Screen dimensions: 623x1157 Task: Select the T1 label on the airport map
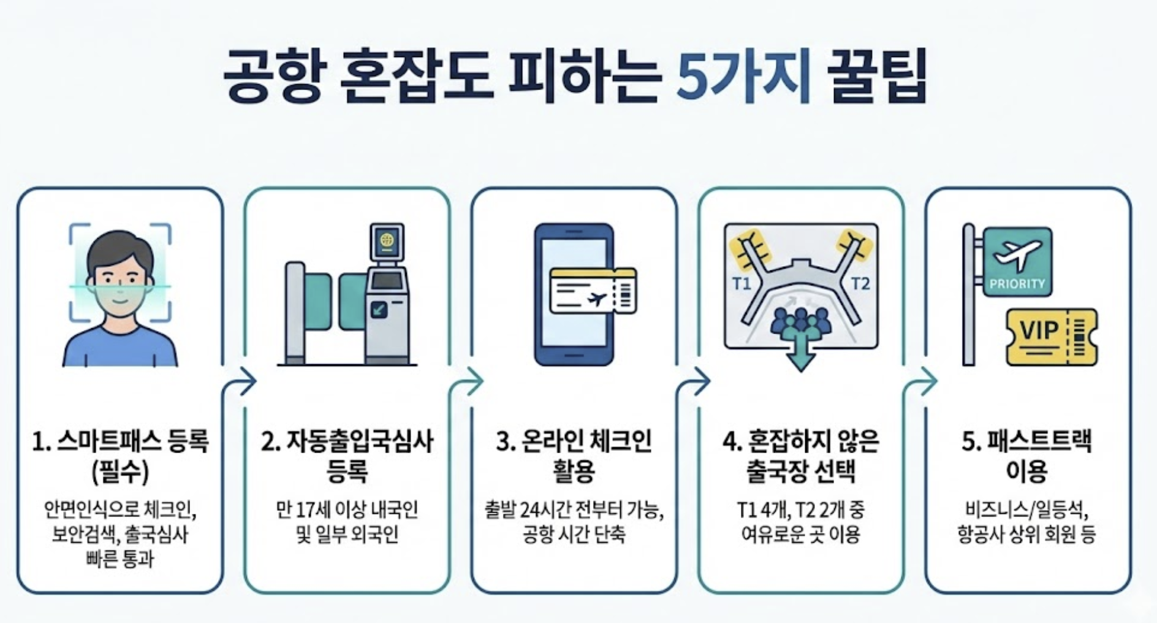[x=742, y=284]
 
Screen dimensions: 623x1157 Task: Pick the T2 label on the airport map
[x=860, y=284]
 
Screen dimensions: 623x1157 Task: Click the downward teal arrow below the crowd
[x=800, y=356]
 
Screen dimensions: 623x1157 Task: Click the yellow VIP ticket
[x=1050, y=336]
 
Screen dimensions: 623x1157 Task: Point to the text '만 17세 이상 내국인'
[x=347, y=510]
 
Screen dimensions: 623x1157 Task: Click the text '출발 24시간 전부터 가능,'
[x=574, y=510]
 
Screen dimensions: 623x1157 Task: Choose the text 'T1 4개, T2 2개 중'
[x=800, y=510]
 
